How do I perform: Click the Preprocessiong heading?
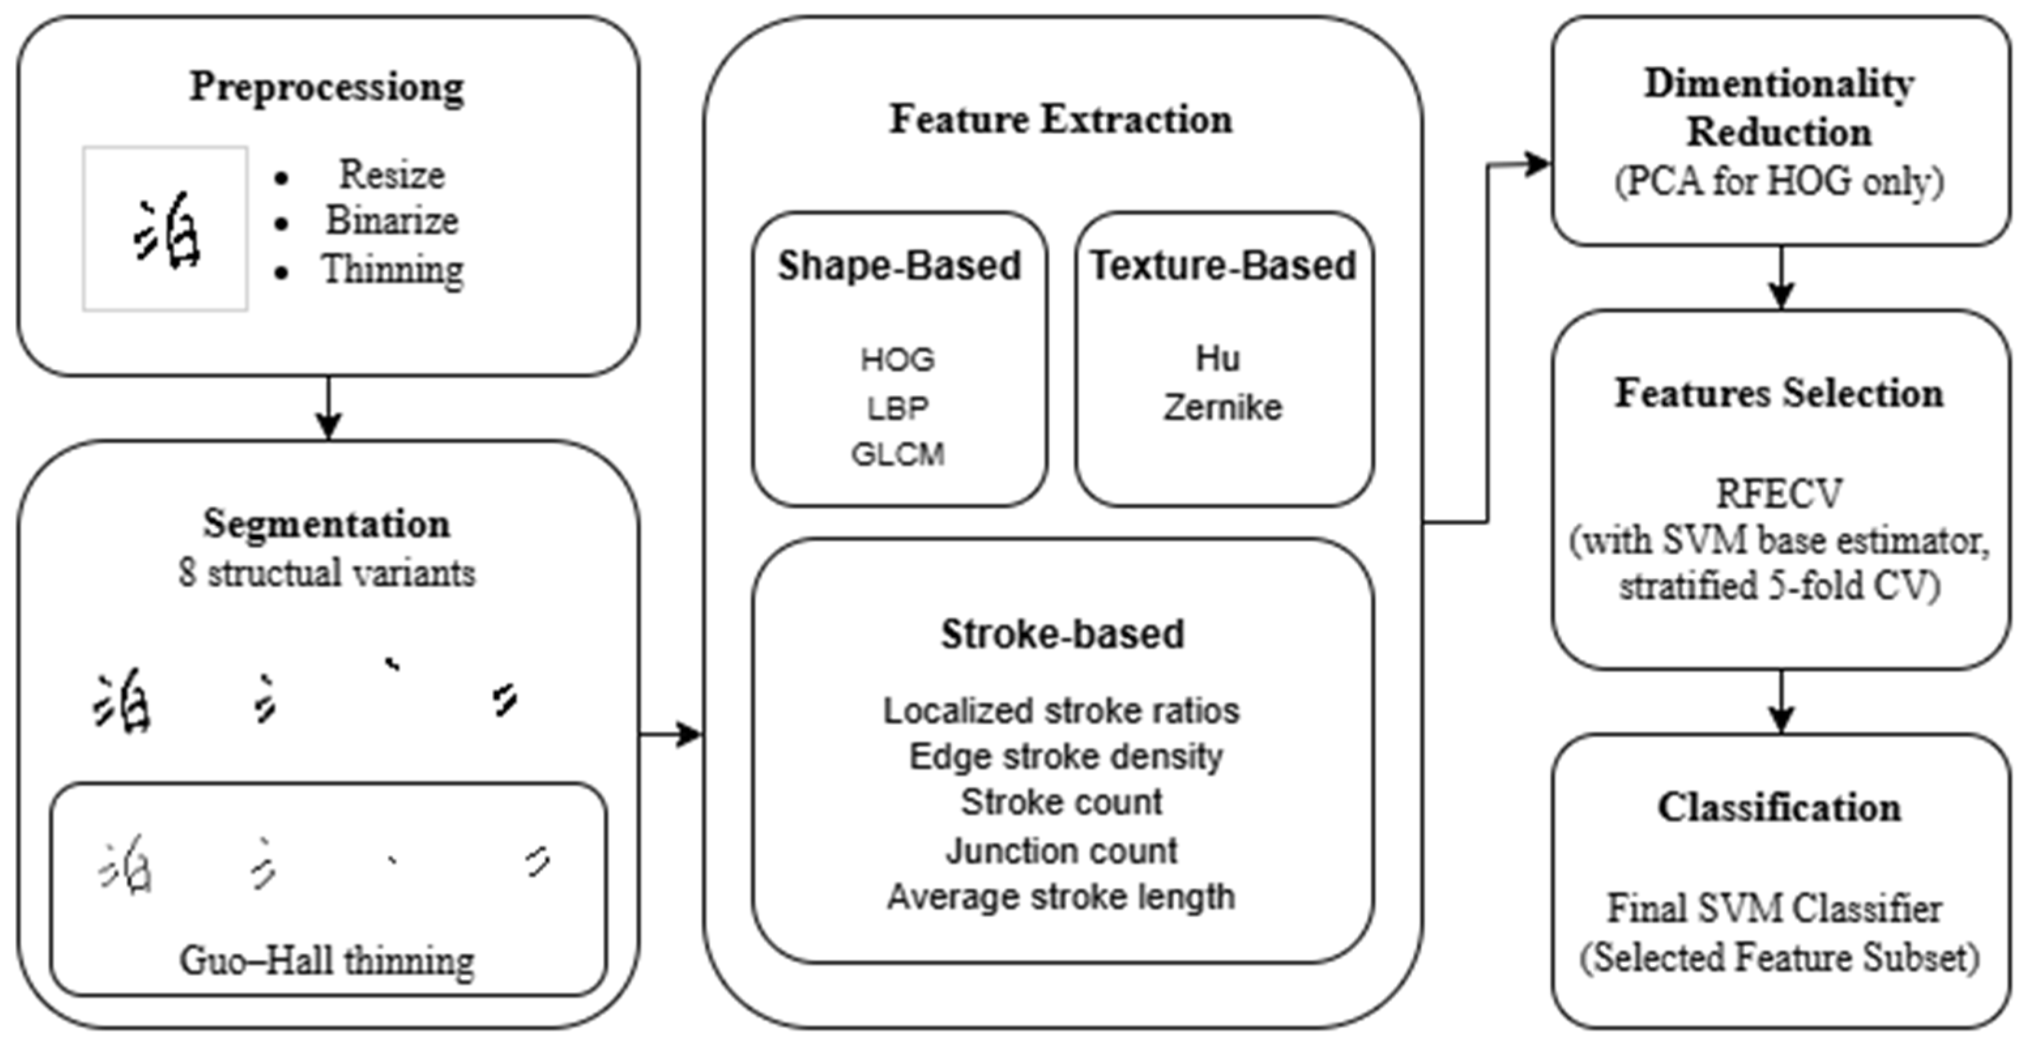[x=326, y=87]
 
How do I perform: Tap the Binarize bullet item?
[x=391, y=221]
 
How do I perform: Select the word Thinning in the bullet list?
[x=392, y=270]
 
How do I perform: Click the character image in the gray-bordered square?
[x=166, y=229]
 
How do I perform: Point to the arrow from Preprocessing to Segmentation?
[x=328, y=408]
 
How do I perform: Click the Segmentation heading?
[x=326, y=524]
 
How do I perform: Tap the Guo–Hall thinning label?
[x=326, y=961]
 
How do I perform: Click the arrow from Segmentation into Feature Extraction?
[x=671, y=735]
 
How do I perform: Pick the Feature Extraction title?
[x=1061, y=120]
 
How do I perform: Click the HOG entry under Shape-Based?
[x=898, y=360]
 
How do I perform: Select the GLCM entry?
[x=898, y=455]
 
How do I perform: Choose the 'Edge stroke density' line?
[x=1065, y=757]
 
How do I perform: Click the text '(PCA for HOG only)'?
[x=1779, y=182]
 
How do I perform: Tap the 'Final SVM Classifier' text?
[x=1775, y=909]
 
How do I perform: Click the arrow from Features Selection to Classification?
[x=1781, y=703]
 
